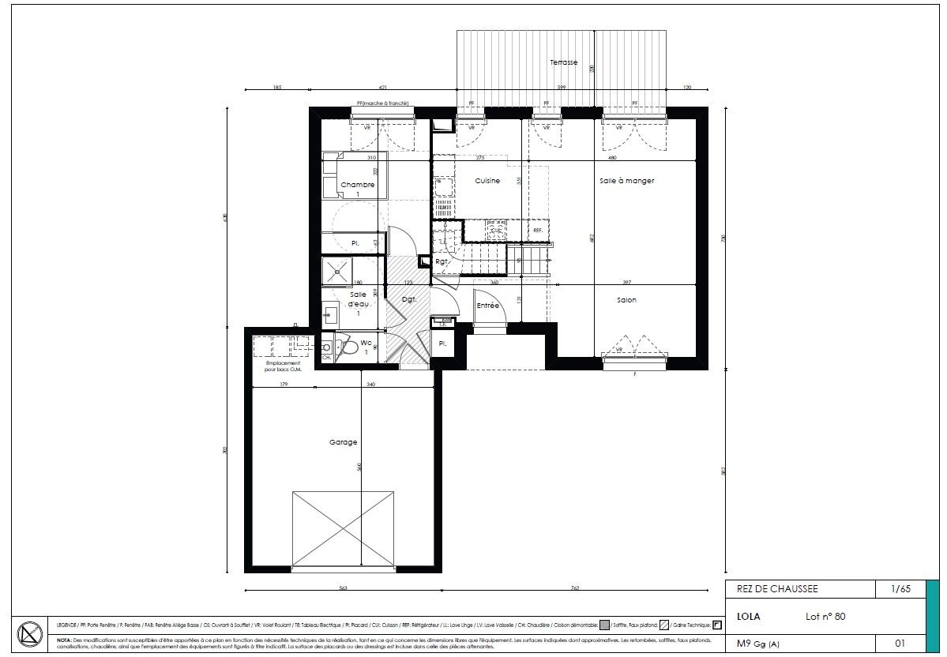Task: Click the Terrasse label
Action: click(564, 62)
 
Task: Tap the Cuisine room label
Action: click(487, 181)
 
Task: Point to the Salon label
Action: click(626, 300)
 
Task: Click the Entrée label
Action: click(487, 305)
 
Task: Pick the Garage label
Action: click(343, 443)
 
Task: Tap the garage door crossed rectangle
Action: click(343, 528)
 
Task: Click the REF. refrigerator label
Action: click(538, 231)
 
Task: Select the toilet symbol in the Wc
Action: click(345, 346)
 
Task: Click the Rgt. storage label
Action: click(442, 261)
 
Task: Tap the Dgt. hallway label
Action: click(409, 300)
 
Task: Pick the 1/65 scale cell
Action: click(900, 589)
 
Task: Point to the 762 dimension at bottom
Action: click(574, 588)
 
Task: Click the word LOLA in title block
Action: click(748, 616)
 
